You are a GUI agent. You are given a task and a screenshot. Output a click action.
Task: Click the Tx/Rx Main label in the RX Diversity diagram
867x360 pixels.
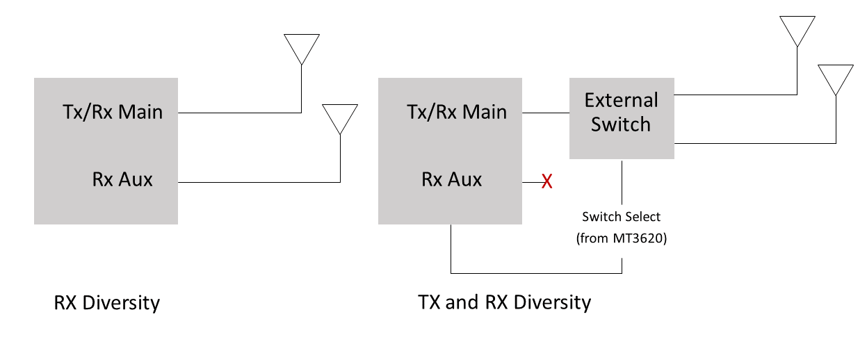[112, 112]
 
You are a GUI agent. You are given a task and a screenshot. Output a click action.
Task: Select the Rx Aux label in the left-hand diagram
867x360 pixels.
[122, 180]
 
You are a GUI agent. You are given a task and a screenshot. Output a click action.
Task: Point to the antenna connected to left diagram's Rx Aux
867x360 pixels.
[340, 119]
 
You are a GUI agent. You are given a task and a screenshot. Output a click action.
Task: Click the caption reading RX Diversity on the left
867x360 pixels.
[107, 304]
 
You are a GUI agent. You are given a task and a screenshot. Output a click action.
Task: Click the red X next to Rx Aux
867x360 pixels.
[547, 182]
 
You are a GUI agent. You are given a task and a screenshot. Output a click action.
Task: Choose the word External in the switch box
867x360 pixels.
[621, 101]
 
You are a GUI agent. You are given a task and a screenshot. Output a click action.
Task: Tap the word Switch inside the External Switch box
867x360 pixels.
[621, 125]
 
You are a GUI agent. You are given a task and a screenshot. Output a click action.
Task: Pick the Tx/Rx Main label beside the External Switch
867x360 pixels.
[456, 112]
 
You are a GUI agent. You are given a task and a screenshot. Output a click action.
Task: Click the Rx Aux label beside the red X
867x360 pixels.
[451, 180]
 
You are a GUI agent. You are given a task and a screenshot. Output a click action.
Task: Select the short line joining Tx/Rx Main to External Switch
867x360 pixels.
[546, 113]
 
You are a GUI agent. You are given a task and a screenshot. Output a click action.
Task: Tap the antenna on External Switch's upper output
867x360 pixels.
[797, 31]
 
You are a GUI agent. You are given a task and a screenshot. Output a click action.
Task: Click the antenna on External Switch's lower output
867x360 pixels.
[835, 79]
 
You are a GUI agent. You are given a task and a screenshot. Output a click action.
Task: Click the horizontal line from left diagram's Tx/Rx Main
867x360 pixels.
[239, 113]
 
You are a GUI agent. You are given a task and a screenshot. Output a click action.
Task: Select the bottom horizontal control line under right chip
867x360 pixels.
[536, 272]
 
